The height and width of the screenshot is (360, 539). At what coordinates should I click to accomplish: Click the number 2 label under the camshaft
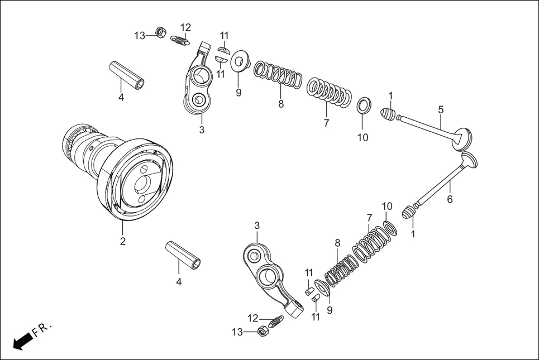pyautogui.click(x=122, y=241)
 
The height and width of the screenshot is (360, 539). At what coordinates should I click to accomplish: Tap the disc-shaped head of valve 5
pyautogui.click(x=464, y=138)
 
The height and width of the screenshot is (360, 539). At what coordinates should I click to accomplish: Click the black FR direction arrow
pyautogui.click(x=21, y=340)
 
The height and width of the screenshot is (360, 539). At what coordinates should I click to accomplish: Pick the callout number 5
pyautogui.click(x=441, y=109)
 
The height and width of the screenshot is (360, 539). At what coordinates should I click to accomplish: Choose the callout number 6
pyautogui.click(x=450, y=198)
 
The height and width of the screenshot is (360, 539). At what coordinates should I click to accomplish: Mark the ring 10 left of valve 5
pyautogui.click(x=363, y=105)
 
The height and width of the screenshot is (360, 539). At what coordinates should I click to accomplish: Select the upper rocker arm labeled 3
pyautogui.click(x=198, y=81)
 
